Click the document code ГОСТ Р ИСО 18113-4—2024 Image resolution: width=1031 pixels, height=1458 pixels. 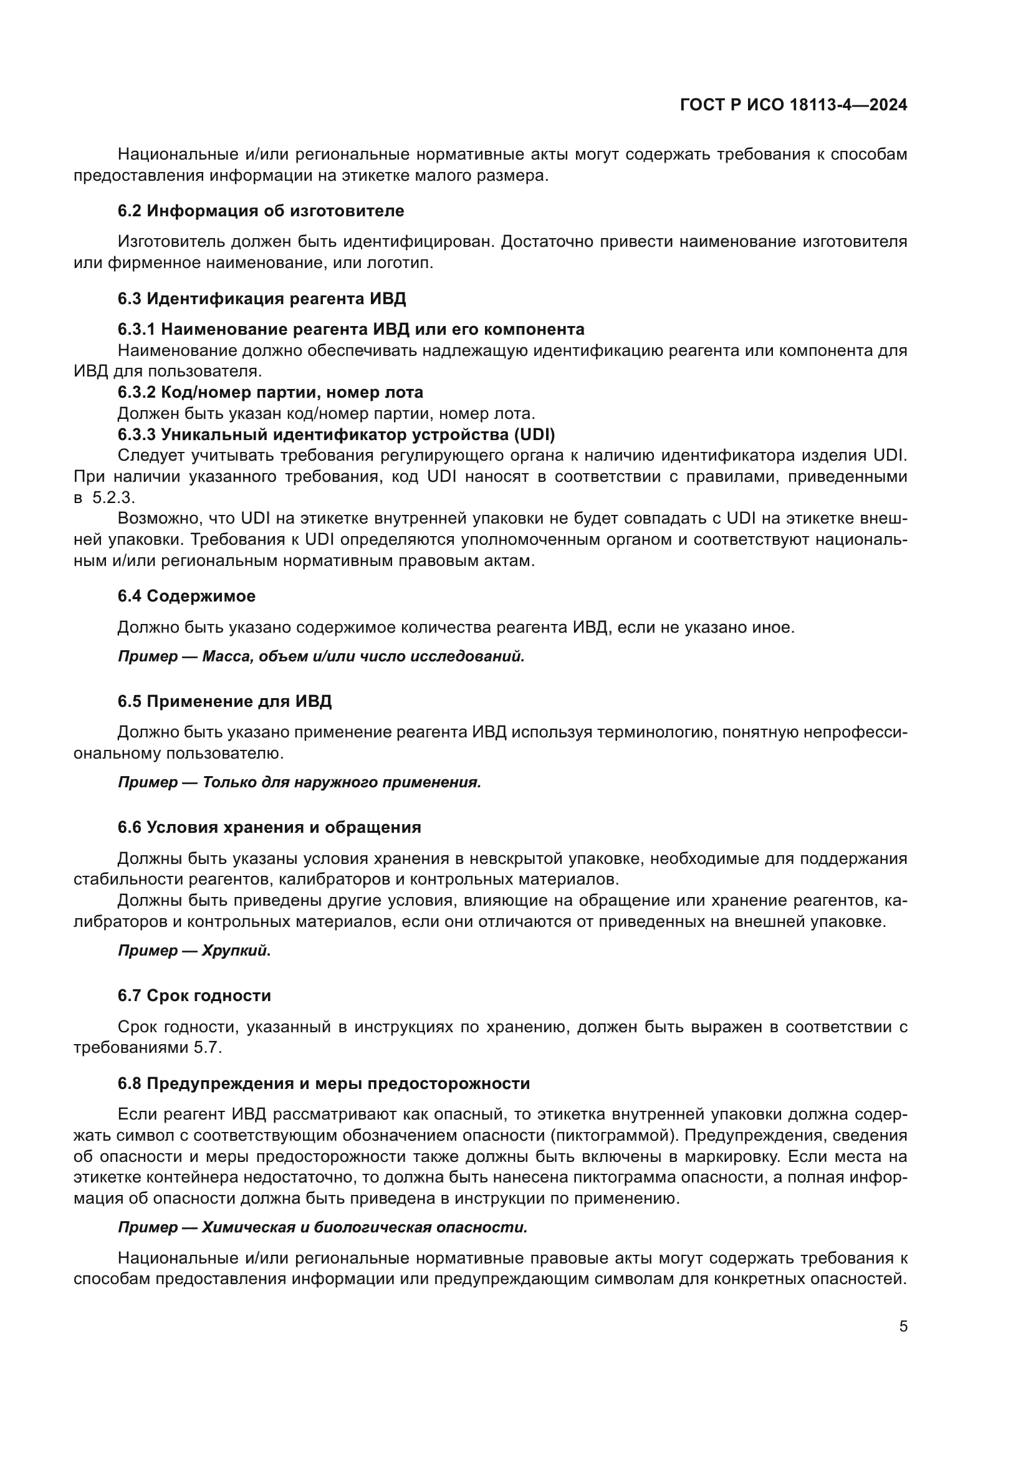tap(793, 105)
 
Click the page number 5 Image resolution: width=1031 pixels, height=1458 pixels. tap(903, 1326)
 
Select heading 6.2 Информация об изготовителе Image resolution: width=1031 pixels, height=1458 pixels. tap(261, 211)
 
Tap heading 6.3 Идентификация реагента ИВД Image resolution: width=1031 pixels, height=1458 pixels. tap(262, 299)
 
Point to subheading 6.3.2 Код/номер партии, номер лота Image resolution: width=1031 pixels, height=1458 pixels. tap(270, 393)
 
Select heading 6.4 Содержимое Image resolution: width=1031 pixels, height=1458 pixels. tap(186, 597)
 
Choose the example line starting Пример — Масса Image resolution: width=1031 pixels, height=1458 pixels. tap(320, 656)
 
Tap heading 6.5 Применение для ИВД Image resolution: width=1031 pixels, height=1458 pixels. tap(224, 702)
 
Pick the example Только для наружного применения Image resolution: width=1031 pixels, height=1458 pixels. tap(341, 782)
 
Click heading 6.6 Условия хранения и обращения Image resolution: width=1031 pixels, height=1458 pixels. tap(269, 827)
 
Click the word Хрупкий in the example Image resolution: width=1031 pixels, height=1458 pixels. tap(236, 951)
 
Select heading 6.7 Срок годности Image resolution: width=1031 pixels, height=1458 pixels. tap(194, 995)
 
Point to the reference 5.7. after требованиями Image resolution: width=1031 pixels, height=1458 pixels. tap(208, 1048)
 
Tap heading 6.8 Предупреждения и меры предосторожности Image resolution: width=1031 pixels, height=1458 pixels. tap(324, 1083)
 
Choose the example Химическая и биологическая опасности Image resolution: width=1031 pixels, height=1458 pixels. tap(364, 1227)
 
